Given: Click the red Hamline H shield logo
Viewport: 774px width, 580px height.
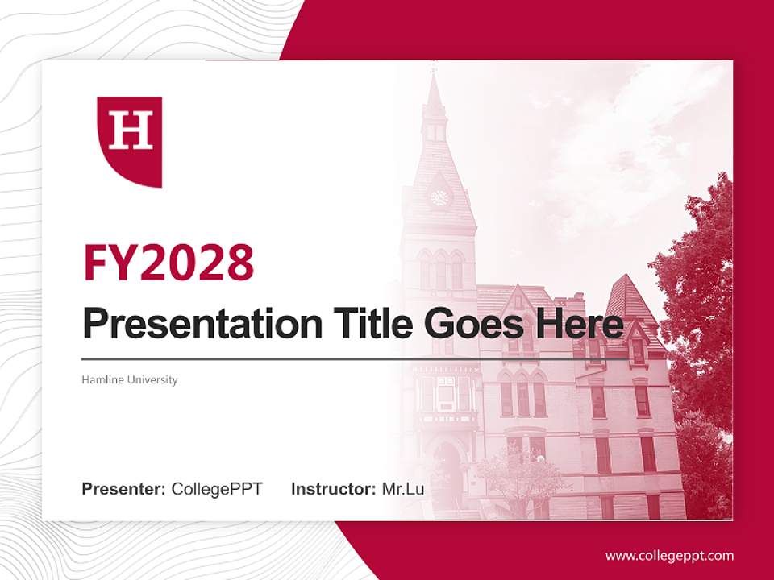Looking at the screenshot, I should pyautogui.click(x=130, y=141).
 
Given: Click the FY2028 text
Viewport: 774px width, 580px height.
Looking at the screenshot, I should pyautogui.click(x=169, y=263).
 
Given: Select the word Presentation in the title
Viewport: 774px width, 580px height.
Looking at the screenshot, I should pyautogui.click(x=190, y=324).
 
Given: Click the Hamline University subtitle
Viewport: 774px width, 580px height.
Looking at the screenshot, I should pyautogui.click(x=130, y=379).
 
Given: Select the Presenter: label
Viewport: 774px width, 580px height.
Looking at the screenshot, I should pyautogui.click(x=124, y=489).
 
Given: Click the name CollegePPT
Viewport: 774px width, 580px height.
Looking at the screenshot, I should pyautogui.click(x=217, y=489).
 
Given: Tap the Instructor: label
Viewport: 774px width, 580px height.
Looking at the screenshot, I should pyautogui.click(x=334, y=489).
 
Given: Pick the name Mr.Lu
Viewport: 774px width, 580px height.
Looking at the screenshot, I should pyautogui.click(x=403, y=489).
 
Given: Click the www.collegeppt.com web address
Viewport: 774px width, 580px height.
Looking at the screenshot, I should pyautogui.click(x=669, y=556).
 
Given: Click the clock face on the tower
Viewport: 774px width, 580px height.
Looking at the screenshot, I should pyautogui.click(x=439, y=197).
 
